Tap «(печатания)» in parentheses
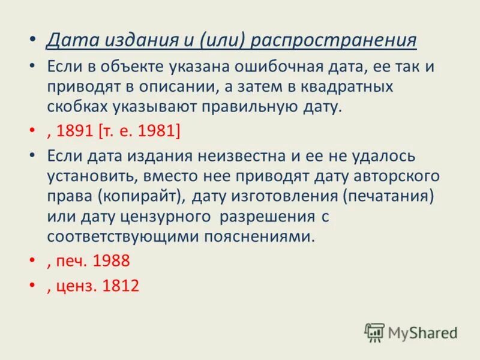point(382,196)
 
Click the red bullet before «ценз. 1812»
point(31,287)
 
